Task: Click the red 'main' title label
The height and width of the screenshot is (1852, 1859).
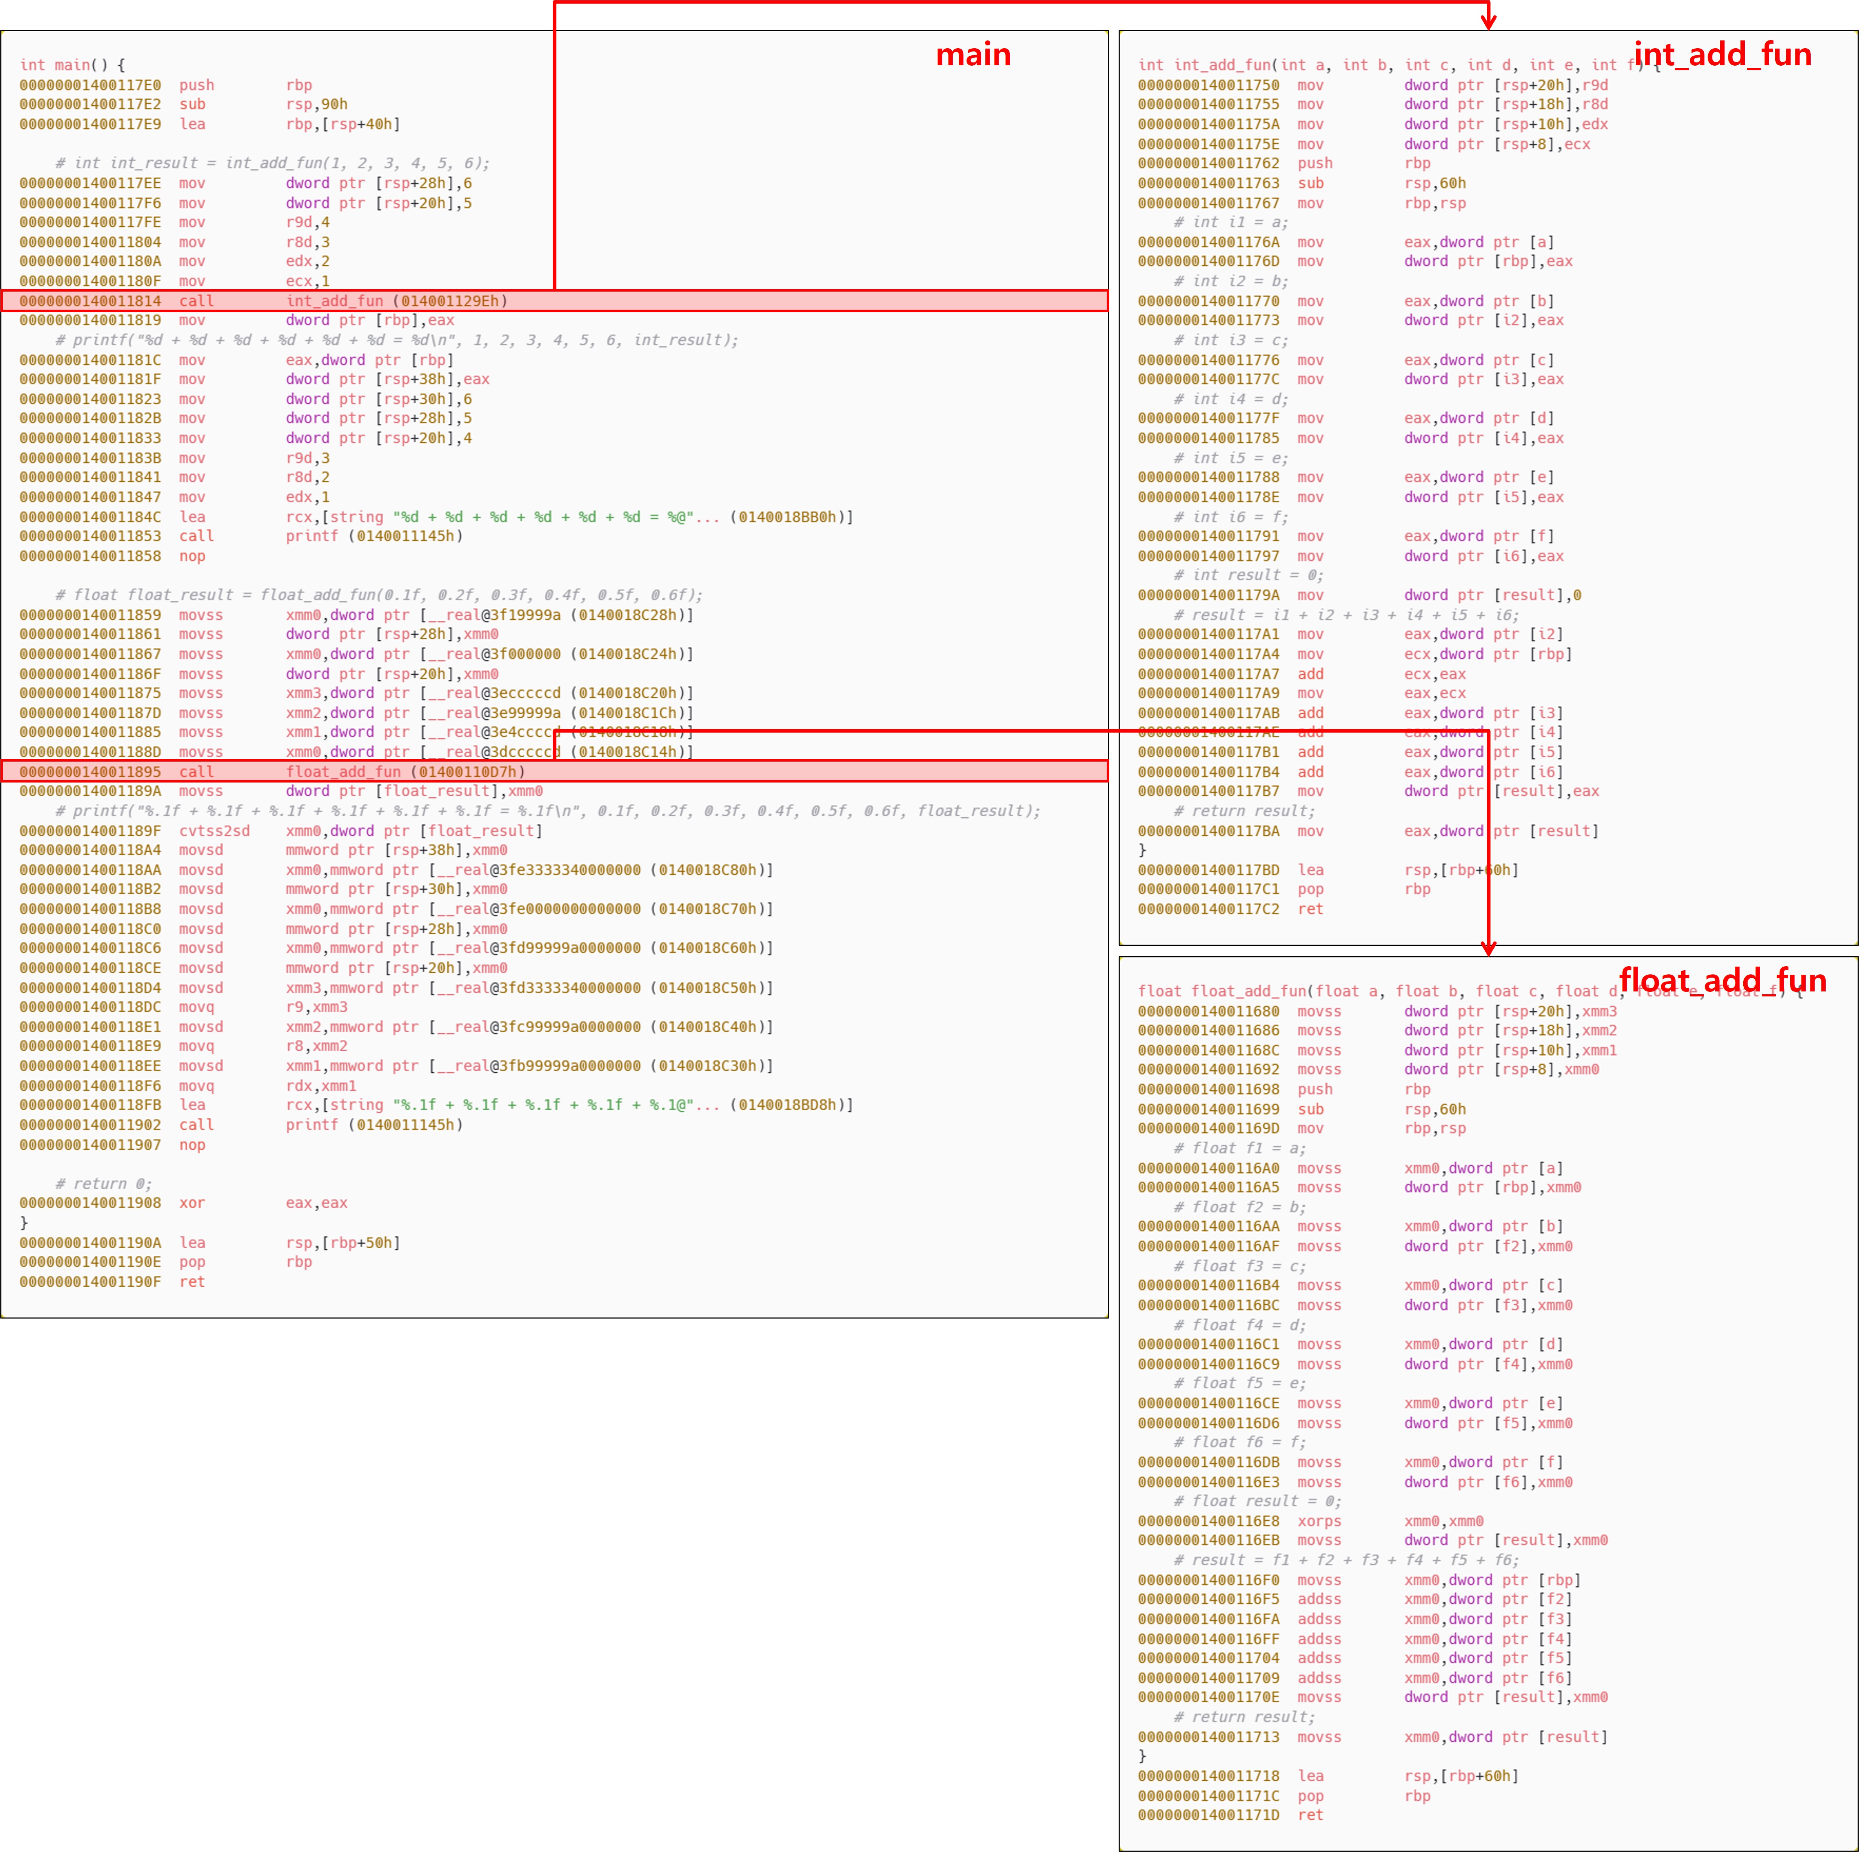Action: pos(973,55)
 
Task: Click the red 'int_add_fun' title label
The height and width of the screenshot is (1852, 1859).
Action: pos(1722,55)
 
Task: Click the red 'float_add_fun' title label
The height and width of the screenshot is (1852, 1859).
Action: pos(1722,980)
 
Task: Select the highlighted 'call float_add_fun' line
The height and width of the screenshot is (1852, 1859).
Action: pos(553,772)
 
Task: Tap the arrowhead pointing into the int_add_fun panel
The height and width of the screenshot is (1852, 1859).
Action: pos(1489,21)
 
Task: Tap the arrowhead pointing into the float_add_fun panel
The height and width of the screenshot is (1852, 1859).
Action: pos(1489,949)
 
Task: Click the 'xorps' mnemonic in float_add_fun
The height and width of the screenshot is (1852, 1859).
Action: pos(1318,1521)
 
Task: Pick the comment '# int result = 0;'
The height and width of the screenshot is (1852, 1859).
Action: pos(1248,575)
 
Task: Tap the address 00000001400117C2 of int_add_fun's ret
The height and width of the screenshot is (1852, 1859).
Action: pos(1209,909)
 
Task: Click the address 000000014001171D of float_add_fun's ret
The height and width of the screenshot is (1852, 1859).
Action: pos(1209,1815)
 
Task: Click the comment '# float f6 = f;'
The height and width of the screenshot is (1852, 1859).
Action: pos(1239,1442)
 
